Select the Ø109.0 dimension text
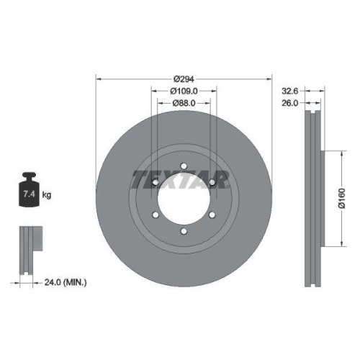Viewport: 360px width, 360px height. tap(184, 91)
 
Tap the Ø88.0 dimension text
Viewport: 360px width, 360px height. tap(184, 104)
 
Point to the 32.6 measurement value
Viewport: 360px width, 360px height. tap(289, 91)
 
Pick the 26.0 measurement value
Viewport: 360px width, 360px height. tap(289, 104)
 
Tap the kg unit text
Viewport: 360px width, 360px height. tap(46, 194)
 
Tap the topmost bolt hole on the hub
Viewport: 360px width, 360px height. tap(183, 166)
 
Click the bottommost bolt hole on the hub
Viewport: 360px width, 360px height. tap(183, 230)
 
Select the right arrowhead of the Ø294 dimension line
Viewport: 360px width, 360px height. tap(270, 79)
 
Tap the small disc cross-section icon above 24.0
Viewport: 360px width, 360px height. tap(28, 249)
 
